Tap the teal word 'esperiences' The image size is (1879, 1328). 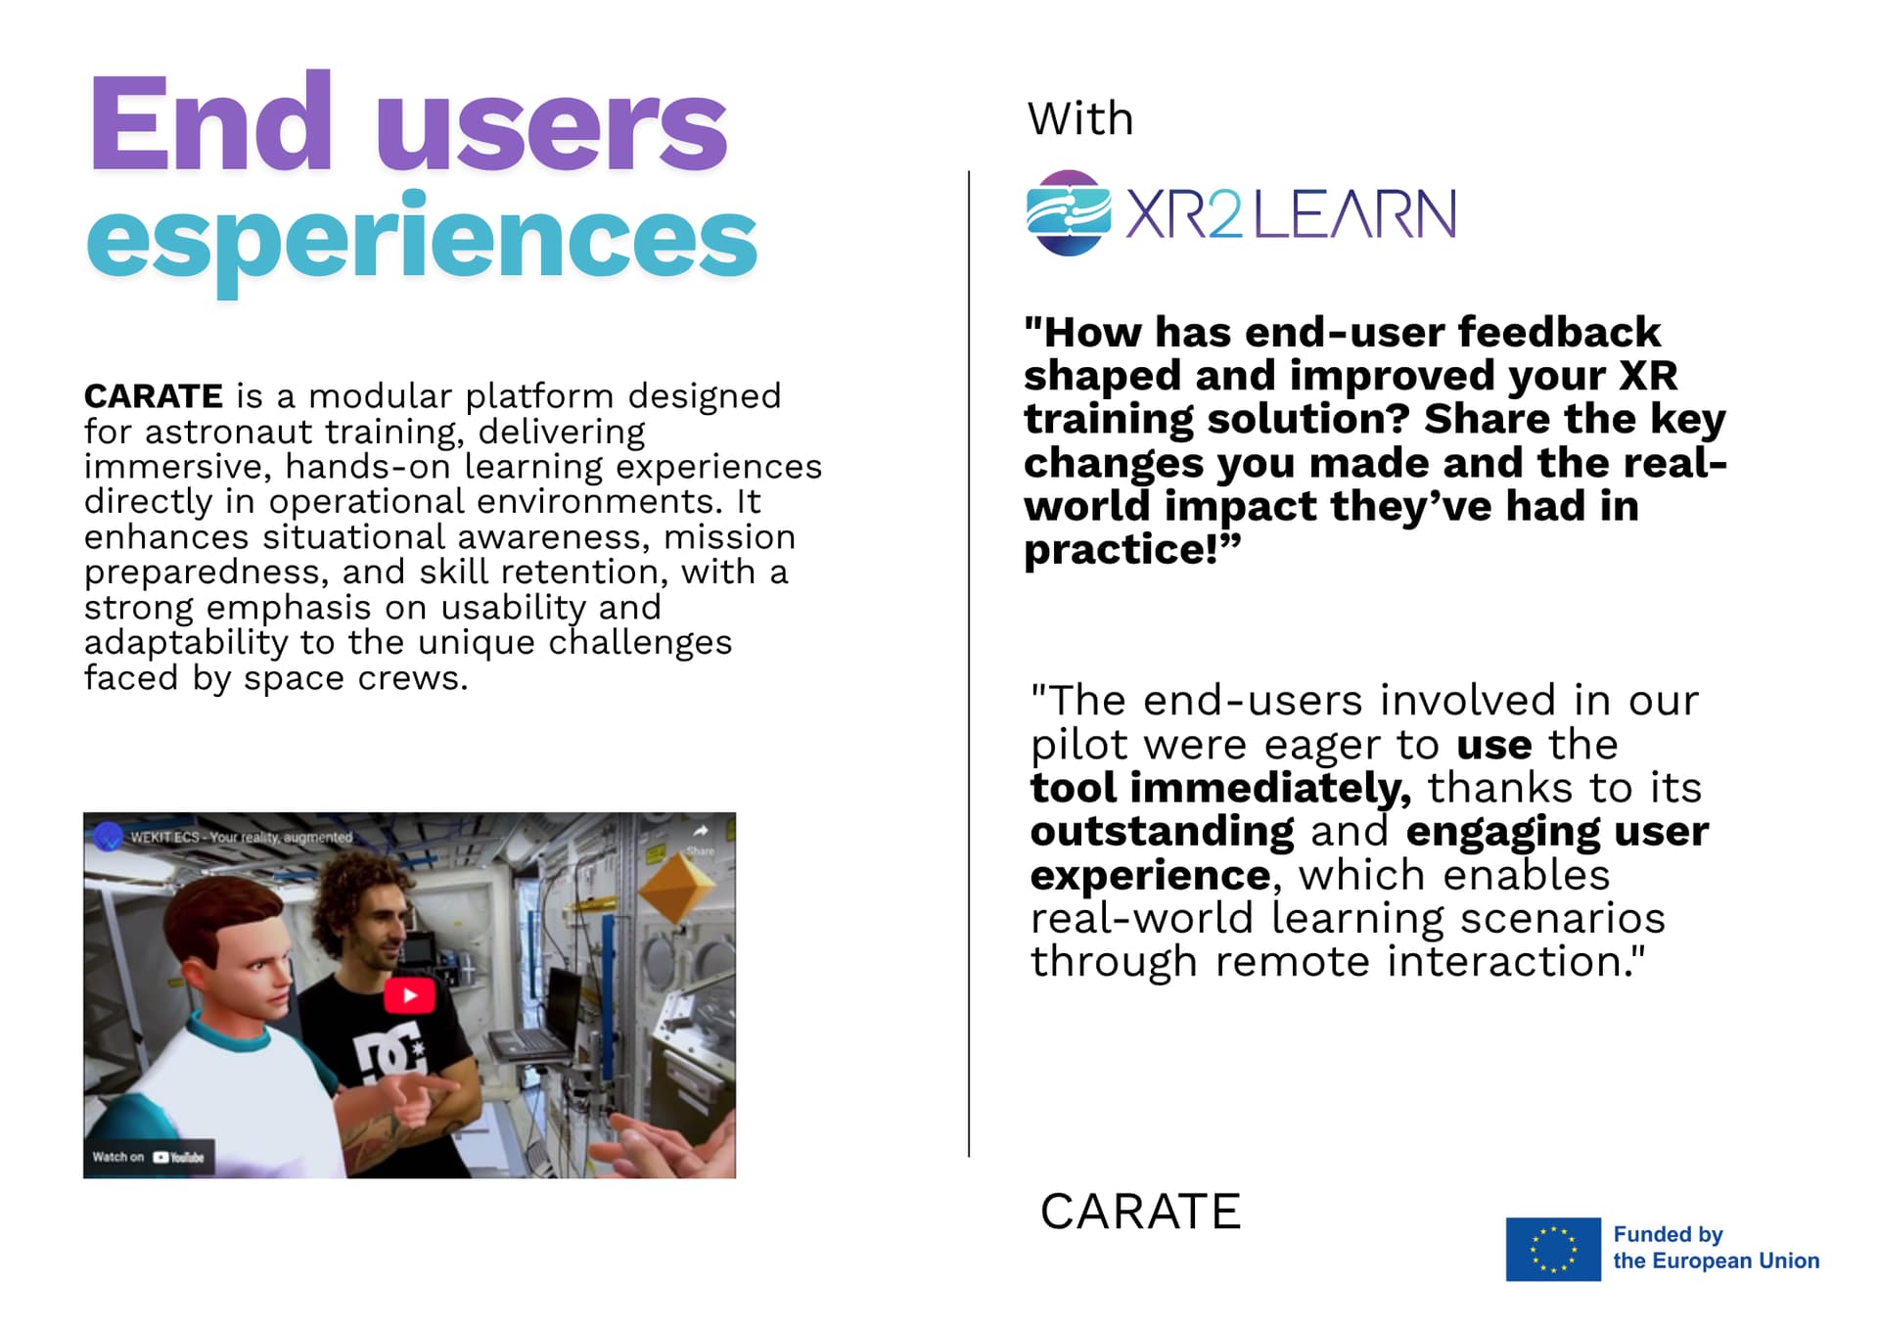pos(422,239)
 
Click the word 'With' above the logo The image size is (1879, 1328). pos(1080,118)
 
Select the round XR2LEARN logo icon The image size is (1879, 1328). pos(1069,213)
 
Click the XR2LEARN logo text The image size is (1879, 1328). pos(1291,214)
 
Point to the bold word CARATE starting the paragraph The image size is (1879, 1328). pos(154,396)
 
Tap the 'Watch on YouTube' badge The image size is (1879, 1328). pos(149,1157)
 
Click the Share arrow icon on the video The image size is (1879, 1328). pos(701,832)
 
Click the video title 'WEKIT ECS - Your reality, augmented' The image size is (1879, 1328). pos(241,838)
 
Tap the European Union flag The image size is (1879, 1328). pos(1553,1249)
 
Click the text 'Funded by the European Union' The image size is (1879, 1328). pos(1716,1248)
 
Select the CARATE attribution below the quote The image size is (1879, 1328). pos(1140,1212)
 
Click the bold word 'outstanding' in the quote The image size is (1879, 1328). pos(1163,832)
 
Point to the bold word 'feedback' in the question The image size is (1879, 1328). pos(1559,333)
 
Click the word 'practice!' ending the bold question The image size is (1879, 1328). pos(1132,550)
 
